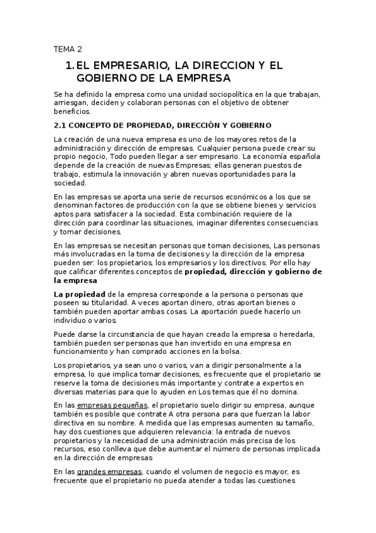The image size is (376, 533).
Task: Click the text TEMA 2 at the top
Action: [68, 49]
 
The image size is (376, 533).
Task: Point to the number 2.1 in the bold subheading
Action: [62, 125]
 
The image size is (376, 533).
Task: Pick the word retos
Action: [252, 138]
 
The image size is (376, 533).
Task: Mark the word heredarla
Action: [301, 333]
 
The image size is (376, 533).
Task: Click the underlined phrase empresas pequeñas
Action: [121, 405]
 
